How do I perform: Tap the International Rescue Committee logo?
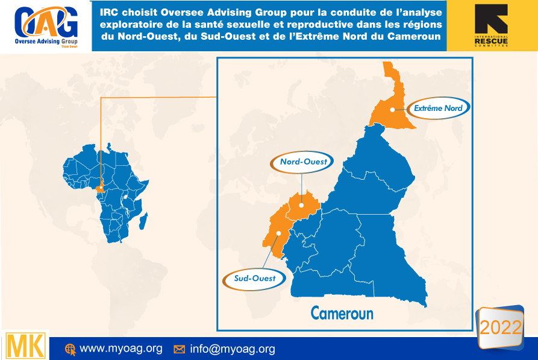(491, 26)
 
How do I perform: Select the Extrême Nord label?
(438, 109)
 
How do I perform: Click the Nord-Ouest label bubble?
(304, 162)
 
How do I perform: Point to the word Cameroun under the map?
(342, 313)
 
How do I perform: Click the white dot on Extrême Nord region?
(392, 109)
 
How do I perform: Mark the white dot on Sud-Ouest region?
(278, 233)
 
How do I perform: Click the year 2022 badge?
(500, 327)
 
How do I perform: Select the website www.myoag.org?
(121, 349)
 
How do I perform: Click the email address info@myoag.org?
(232, 349)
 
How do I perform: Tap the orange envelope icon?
(179, 349)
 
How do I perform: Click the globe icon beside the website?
(70, 349)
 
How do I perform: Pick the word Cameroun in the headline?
(414, 37)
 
